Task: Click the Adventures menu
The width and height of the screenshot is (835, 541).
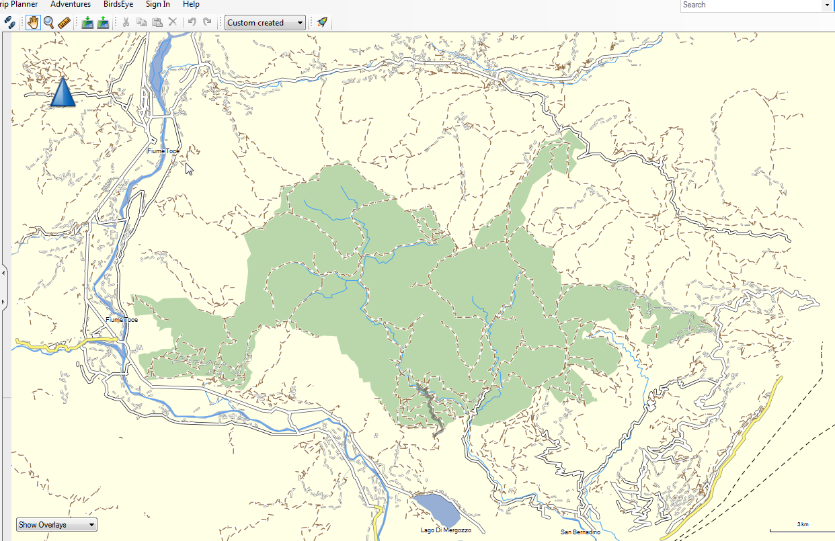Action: [x=71, y=4]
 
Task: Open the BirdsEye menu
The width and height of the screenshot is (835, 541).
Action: [x=118, y=4]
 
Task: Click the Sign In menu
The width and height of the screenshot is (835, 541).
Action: [x=157, y=4]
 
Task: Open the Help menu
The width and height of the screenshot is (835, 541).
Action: [x=191, y=4]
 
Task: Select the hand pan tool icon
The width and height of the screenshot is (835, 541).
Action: [x=33, y=22]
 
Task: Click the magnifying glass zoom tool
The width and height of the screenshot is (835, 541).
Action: [x=49, y=22]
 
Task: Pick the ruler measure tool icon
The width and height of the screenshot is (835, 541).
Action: [x=65, y=22]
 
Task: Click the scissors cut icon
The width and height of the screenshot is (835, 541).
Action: [x=125, y=22]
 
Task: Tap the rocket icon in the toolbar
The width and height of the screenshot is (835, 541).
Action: [x=322, y=22]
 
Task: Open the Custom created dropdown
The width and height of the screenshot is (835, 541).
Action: [x=265, y=22]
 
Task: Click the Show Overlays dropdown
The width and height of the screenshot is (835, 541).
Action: [x=56, y=525]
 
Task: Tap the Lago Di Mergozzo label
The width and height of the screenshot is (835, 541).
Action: [x=446, y=530]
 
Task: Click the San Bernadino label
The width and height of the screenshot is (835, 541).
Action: [x=580, y=532]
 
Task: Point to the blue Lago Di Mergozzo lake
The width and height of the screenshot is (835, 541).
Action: [x=437, y=509]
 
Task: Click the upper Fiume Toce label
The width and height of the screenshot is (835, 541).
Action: [x=163, y=151]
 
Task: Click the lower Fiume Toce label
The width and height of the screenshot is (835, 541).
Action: [x=122, y=320]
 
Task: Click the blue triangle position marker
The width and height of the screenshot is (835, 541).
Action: [x=63, y=93]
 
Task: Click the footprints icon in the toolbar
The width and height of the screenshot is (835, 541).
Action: [x=9, y=22]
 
